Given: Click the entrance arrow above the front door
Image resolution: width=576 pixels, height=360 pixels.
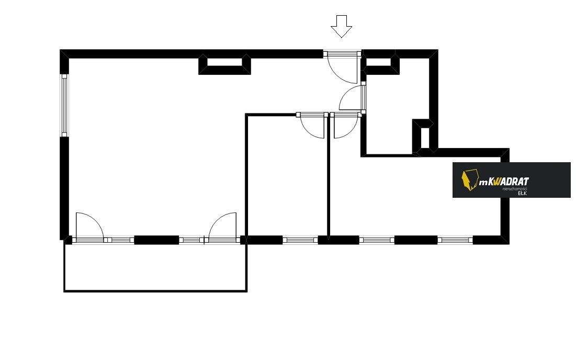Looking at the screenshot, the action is tap(341, 27).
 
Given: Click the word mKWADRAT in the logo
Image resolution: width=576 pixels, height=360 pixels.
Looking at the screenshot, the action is tap(504, 182).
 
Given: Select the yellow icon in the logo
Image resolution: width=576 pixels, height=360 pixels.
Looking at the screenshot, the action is tap(470, 180).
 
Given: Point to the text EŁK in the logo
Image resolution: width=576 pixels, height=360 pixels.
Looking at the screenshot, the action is tap(522, 193).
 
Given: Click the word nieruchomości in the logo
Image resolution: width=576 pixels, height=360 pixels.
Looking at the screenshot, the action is tap(514, 189).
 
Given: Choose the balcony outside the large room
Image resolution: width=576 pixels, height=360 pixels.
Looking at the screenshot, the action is tap(156, 267).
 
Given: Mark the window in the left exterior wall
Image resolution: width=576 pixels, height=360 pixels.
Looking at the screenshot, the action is tap(64, 105).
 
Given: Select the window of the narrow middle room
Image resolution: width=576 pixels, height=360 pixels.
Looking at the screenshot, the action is tap(300, 240).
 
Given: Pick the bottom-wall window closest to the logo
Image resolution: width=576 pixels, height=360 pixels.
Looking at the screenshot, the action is tap(455, 240).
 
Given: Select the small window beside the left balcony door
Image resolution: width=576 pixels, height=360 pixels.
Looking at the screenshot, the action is tap(120, 240).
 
